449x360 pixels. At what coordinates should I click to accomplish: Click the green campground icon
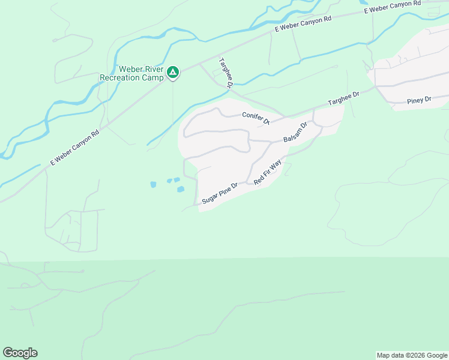pyautogui.click(x=173, y=73)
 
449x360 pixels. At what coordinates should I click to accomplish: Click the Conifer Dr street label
pyautogui.click(x=256, y=117)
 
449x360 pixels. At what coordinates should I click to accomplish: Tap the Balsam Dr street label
pyautogui.click(x=295, y=133)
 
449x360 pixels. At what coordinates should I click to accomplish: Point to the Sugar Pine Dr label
pyautogui.click(x=220, y=193)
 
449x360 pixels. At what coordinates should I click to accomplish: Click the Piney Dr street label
pyautogui.click(x=419, y=100)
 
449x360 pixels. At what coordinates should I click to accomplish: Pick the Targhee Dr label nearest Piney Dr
pyautogui.click(x=343, y=99)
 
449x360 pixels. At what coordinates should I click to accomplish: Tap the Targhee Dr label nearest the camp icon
pyautogui.click(x=225, y=73)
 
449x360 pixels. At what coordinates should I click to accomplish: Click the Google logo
pyautogui.click(x=20, y=353)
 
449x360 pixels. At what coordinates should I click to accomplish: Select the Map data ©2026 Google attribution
pyautogui.click(x=412, y=355)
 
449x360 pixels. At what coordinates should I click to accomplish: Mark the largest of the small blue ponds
pyautogui.click(x=181, y=190)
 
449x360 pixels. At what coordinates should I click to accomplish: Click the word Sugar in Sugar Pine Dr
pyautogui.click(x=209, y=199)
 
